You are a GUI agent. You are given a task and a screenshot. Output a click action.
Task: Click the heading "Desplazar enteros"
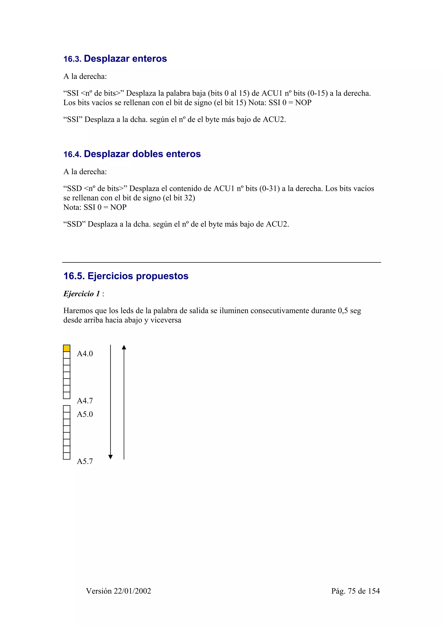125,59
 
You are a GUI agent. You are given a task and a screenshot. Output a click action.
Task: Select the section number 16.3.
72,59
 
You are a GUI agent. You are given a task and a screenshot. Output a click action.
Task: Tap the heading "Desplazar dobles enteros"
142,154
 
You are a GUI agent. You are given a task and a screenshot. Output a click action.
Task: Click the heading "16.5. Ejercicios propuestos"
126,276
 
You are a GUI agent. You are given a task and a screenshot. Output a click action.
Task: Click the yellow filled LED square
67,348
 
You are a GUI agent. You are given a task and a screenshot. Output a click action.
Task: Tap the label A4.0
85,354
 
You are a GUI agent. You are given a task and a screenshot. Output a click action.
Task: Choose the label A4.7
85,401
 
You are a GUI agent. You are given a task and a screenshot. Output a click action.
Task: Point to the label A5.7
85,461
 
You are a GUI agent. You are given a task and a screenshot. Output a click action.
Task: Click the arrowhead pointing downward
111,457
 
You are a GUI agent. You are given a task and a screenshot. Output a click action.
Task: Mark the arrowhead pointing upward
124,347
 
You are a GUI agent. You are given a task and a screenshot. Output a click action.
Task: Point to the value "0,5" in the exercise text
343,311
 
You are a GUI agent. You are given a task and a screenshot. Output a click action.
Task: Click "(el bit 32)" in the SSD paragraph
179,198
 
